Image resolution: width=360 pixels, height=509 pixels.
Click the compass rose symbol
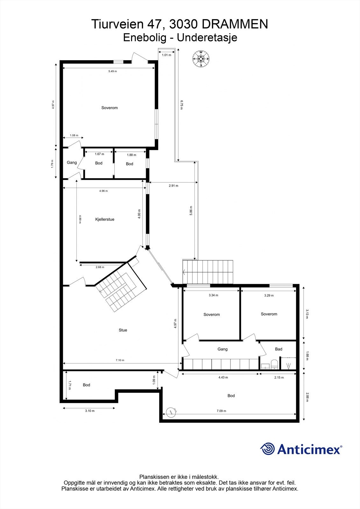click(201, 59)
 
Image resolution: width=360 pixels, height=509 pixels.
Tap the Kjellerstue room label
click(105, 219)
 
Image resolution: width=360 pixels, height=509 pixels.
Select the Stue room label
click(123, 330)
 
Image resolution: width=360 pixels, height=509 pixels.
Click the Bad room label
click(279, 349)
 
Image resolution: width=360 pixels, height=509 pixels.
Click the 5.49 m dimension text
click(113, 71)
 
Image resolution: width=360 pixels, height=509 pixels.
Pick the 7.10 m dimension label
click(120, 360)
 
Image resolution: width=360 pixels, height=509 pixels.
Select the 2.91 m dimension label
click(173, 185)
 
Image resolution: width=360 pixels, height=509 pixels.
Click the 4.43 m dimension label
click(223, 378)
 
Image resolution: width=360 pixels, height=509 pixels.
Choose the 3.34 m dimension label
click(213, 295)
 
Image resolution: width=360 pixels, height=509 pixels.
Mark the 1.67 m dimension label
click(99, 154)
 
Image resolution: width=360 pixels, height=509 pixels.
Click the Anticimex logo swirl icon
click(267, 449)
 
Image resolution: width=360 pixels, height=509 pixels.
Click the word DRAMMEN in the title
click(235, 24)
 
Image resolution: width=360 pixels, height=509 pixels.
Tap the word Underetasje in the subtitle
click(207, 38)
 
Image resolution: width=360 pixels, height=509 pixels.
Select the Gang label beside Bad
click(222, 349)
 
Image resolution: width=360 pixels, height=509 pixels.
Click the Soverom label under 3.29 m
click(269, 314)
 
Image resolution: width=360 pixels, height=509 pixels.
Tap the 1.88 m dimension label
click(131, 155)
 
